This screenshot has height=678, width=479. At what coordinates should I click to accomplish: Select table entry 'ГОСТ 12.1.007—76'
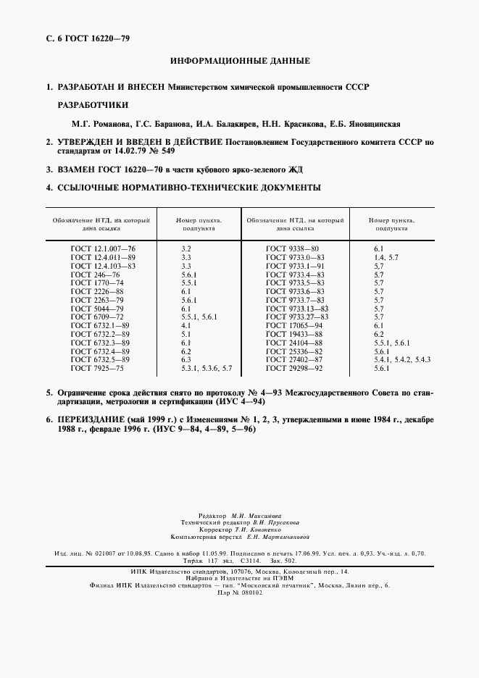102,248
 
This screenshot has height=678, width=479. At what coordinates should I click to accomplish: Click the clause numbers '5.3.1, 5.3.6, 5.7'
207,369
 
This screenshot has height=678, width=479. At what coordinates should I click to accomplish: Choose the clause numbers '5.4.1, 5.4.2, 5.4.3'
401,359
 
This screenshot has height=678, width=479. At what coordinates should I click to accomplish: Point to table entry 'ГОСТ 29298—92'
295,369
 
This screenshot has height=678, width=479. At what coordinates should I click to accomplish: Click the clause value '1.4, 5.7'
386,257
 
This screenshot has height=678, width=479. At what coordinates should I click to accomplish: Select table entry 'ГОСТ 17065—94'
295,326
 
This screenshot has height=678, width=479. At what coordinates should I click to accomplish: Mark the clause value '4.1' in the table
186,326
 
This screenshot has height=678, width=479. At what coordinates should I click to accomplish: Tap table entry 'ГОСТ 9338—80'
292,248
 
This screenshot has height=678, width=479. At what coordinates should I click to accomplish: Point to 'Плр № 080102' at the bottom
239,592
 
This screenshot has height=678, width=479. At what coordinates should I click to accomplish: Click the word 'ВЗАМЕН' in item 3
75,169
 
